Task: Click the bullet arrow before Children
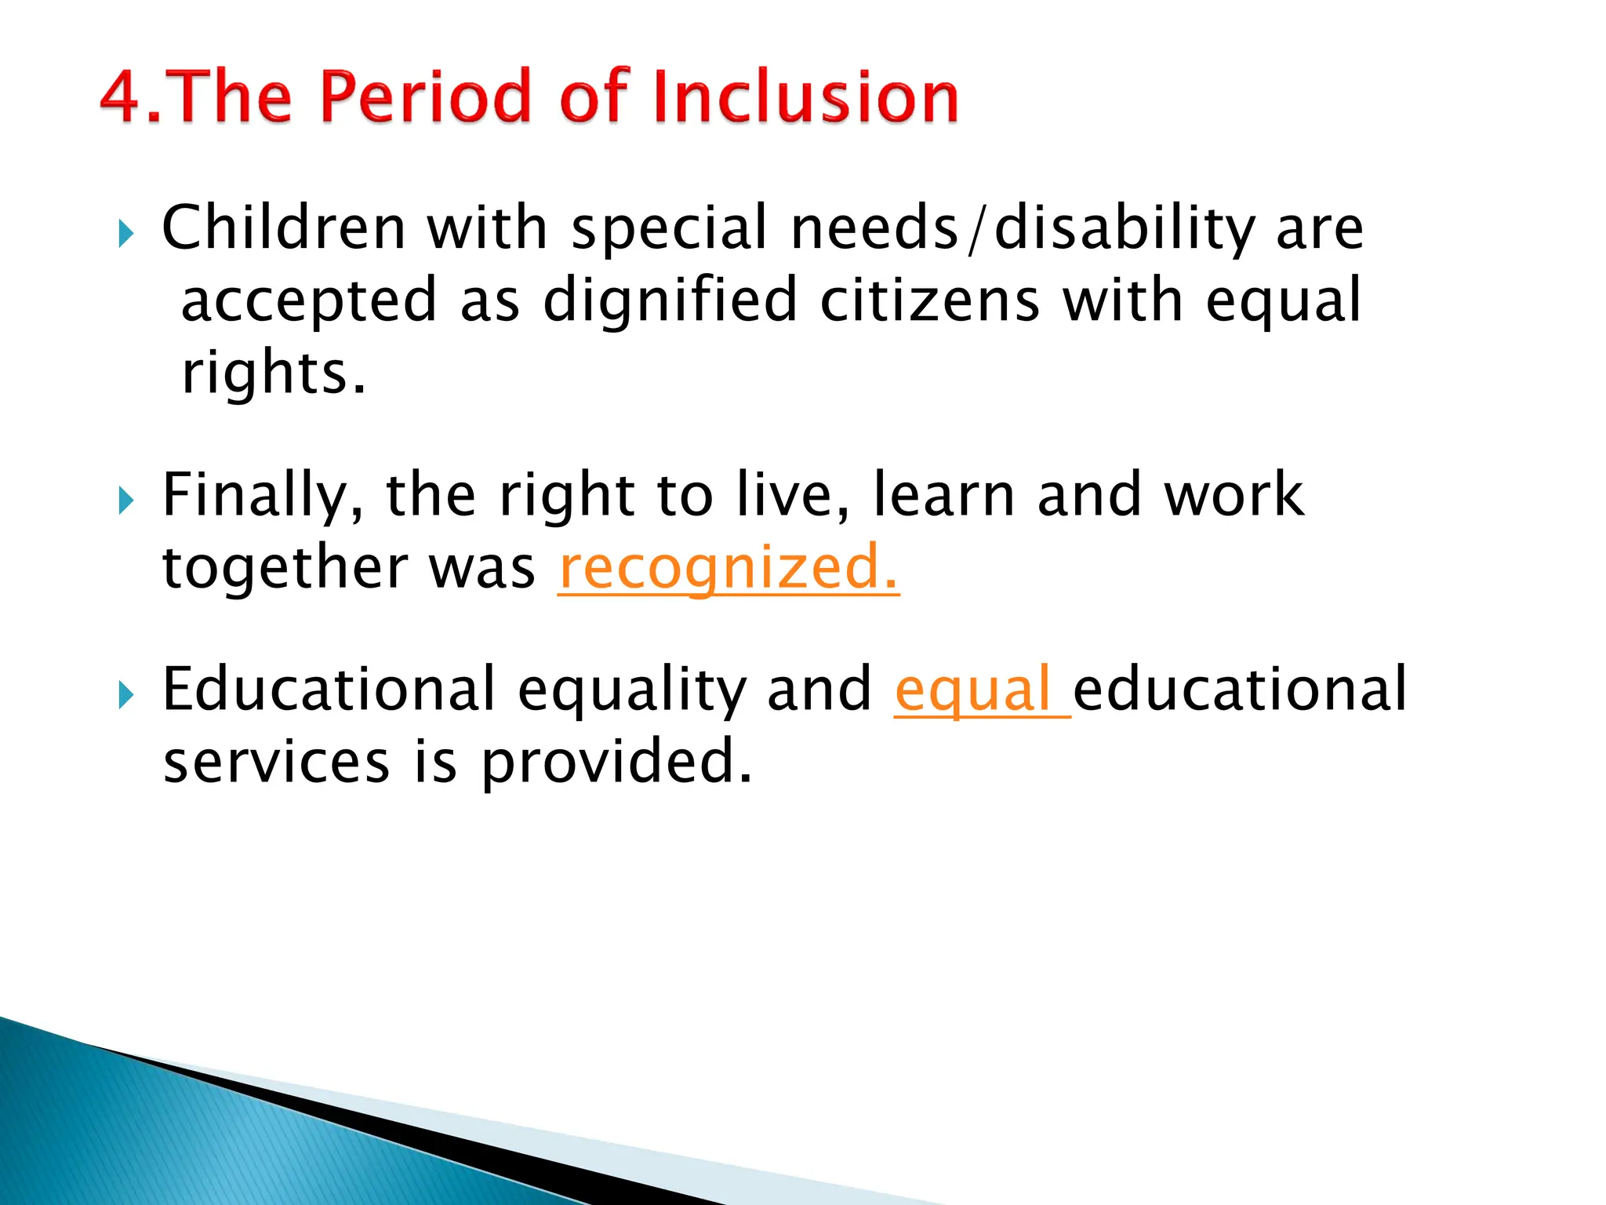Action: point(126,233)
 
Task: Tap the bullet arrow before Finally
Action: point(126,500)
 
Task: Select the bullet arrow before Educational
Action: point(126,694)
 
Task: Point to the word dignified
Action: point(670,301)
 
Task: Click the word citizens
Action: point(929,301)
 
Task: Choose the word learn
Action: point(943,496)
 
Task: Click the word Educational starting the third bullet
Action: point(328,689)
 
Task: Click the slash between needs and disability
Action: point(975,229)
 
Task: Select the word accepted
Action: point(308,303)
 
